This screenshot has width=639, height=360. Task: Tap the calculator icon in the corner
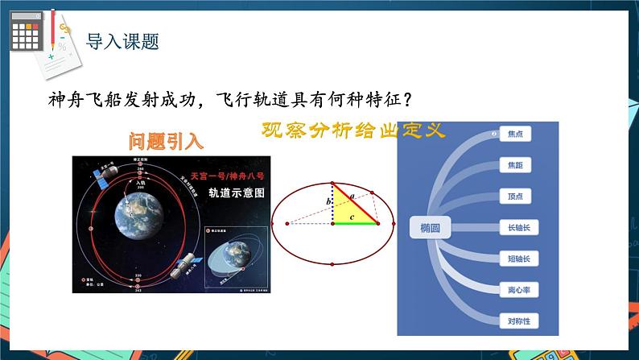(27, 34)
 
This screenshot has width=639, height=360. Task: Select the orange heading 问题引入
(167, 141)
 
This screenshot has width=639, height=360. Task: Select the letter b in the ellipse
(328, 201)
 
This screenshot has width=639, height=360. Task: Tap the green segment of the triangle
(356, 224)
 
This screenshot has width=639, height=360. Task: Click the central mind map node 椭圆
(430, 228)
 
